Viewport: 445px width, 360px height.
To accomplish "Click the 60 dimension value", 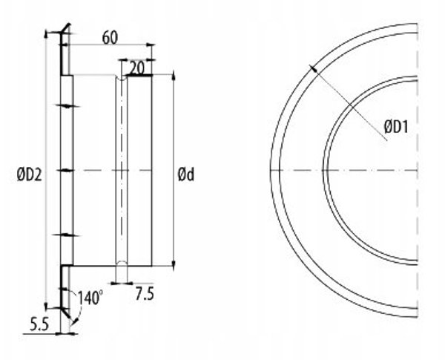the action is tap(110, 38).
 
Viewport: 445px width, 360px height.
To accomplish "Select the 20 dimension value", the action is tap(137, 68).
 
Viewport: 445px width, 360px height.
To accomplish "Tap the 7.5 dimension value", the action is tap(145, 294).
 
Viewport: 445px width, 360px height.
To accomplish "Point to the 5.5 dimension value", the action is tap(39, 324).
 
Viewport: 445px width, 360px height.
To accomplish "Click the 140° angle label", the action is tap(90, 298).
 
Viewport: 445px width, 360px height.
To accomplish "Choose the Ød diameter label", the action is tap(186, 174).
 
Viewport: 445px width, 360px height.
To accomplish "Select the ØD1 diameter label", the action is tap(396, 127).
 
